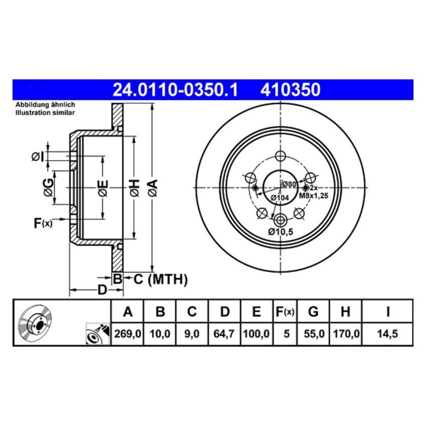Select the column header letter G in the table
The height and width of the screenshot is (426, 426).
pos(313,312)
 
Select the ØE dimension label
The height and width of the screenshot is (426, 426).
pos(102,188)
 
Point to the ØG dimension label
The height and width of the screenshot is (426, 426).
pos(48,187)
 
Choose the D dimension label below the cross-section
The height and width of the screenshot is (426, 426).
pos(102,290)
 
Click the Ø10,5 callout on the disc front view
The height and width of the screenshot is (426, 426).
pos(280,231)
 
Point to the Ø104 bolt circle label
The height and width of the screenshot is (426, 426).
pos(280,198)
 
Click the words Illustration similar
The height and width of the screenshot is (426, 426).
pos(45,113)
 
